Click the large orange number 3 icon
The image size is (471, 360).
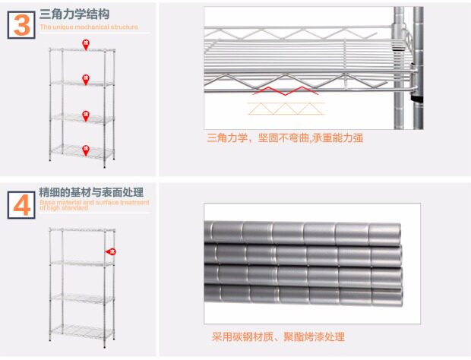[22, 24]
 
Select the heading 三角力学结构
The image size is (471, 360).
[74, 14]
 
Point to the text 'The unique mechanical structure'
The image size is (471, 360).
[89, 27]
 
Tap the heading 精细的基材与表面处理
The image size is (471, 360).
[91, 192]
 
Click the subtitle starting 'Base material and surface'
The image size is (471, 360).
[94, 204]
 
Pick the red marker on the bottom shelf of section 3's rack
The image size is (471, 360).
[86, 149]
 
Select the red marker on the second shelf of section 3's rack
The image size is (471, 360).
[86, 78]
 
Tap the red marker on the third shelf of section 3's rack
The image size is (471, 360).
[86, 115]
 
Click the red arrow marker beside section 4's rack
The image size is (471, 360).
[111, 251]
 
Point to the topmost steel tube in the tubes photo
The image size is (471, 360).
[304, 231]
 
